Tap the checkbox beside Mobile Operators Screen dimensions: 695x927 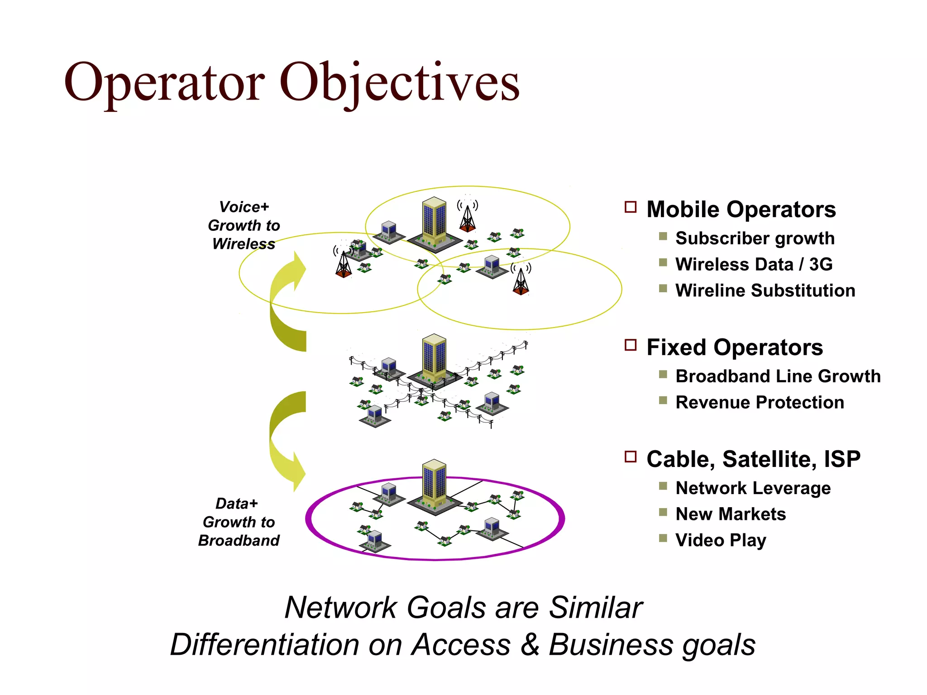pyautogui.click(x=631, y=207)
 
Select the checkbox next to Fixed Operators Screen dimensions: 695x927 pyautogui.click(x=631, y=345)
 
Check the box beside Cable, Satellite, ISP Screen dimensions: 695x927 pyautogui.click(x=631, y=457)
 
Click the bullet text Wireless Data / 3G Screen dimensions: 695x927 pyautogui.click(x=754, y=264)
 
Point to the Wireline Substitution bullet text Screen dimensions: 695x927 pyautogui.click(x=765, y=290)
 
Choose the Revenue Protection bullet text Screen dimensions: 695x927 pyautogui.click(x=760, y=402)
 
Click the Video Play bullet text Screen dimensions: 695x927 pyautogui.click(x=721, y=540)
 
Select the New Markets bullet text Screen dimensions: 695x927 pyautogui.click(x=731, y=514)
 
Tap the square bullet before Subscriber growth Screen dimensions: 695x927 pyautogui.click(x=663, y=236)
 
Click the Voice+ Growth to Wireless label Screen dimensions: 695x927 pyautogui.click(x=244, y=225)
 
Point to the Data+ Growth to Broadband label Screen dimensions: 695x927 pyautogui.click(x=239, y=522)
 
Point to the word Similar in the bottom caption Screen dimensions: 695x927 pyautogui.click(x=595, y=607)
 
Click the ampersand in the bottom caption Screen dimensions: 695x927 pyautogui.click(x=530, y=644)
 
